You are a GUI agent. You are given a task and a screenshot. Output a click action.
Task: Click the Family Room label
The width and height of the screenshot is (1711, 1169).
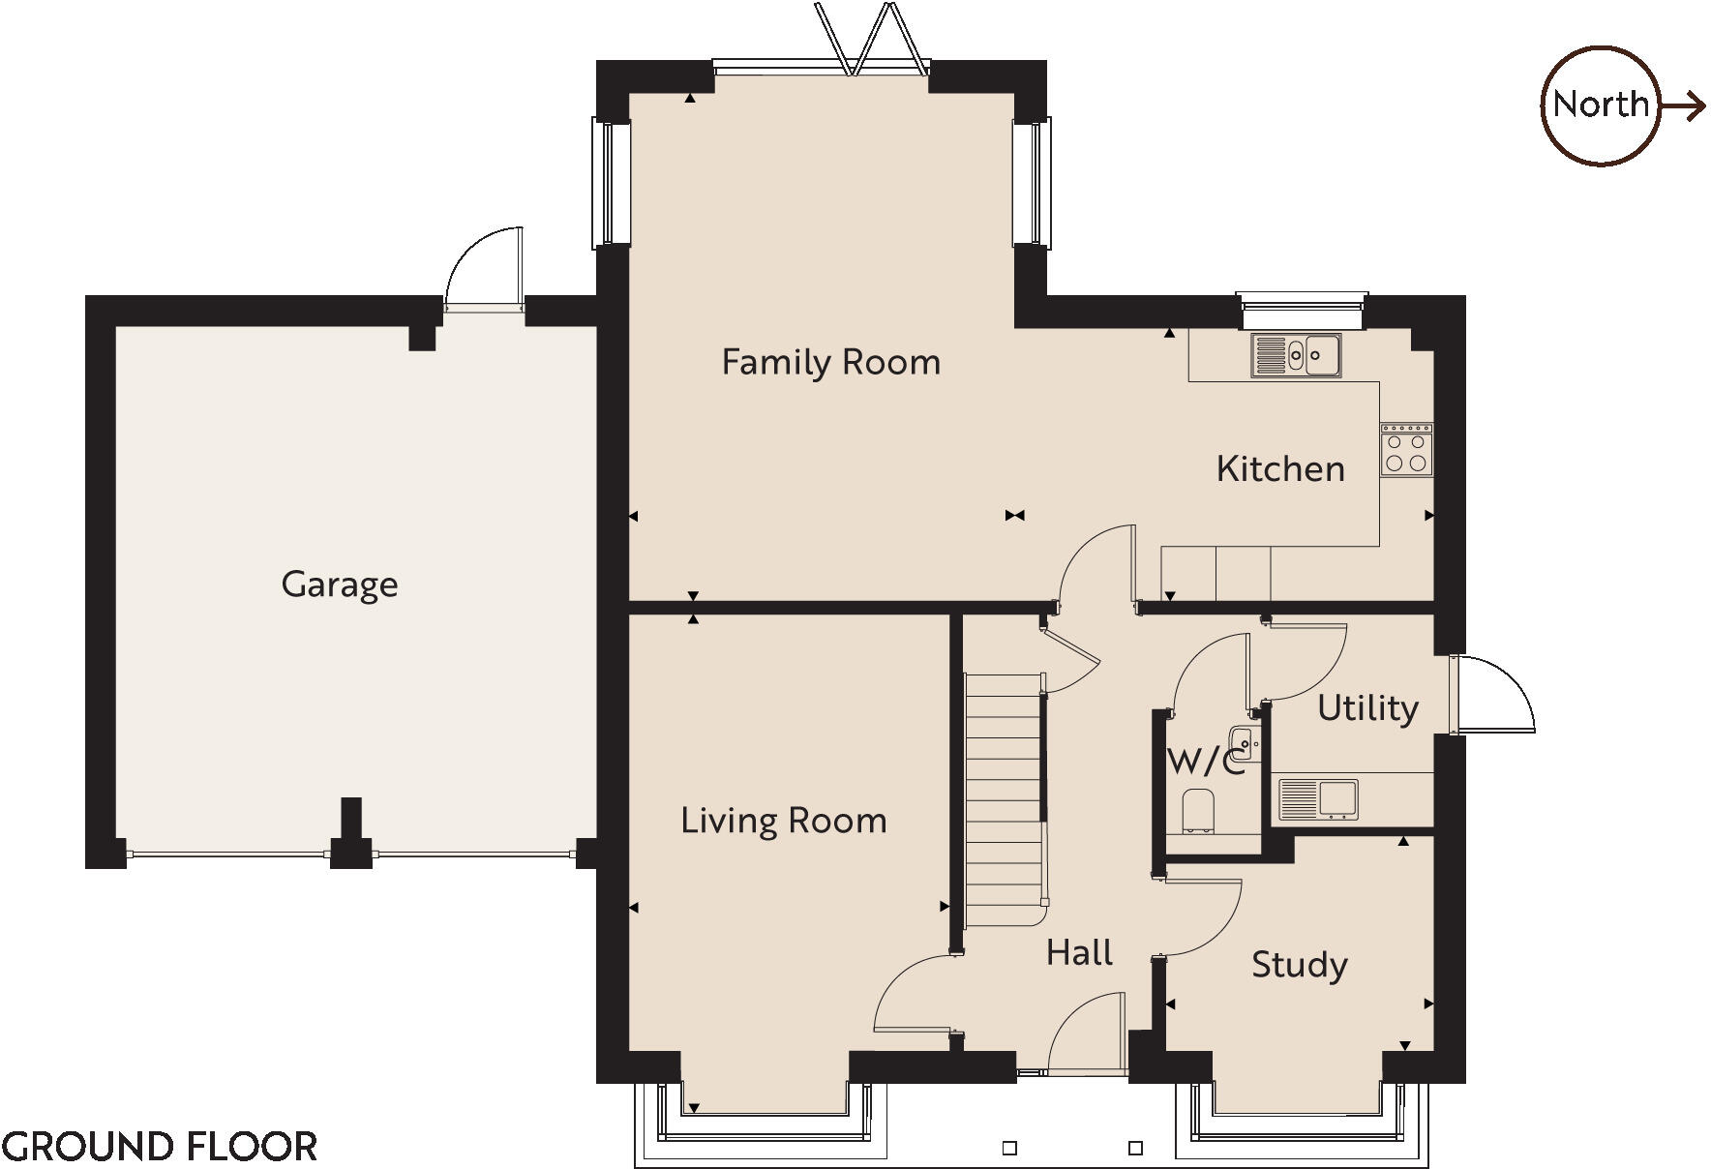coord(830,363)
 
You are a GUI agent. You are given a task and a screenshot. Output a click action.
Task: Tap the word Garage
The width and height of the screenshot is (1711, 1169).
coord(339,584)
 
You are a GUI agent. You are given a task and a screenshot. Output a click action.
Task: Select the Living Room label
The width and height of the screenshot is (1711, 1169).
coord(783,821)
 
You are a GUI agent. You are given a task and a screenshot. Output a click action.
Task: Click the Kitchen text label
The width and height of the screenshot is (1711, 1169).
coord(1279,469)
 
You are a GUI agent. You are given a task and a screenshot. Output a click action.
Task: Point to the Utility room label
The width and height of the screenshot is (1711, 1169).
coord(1367,708)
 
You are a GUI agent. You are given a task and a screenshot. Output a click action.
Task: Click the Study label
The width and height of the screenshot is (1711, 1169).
coord(1299,965)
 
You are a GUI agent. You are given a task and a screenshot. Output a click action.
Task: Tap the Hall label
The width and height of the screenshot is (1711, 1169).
coord(1079,953)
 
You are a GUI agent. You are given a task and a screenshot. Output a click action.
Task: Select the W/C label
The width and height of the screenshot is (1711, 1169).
coord(1204,763)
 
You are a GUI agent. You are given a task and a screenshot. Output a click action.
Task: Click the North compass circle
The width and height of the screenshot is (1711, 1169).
coord(1600,105)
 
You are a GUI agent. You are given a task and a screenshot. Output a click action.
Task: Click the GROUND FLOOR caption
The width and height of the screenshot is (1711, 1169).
coord(160,1147)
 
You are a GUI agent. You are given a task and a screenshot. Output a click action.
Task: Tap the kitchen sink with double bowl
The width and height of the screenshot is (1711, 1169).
coord(1296,355)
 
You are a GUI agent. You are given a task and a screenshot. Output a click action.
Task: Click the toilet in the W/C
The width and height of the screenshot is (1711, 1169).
coord(1198,811)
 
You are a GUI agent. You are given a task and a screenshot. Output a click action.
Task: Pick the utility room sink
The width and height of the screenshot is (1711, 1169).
coord(1318,799)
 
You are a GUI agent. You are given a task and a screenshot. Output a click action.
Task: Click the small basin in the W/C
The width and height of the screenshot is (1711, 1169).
coord(1245,742)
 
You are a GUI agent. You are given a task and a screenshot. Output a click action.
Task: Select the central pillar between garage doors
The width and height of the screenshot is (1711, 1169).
coord(350,837)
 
